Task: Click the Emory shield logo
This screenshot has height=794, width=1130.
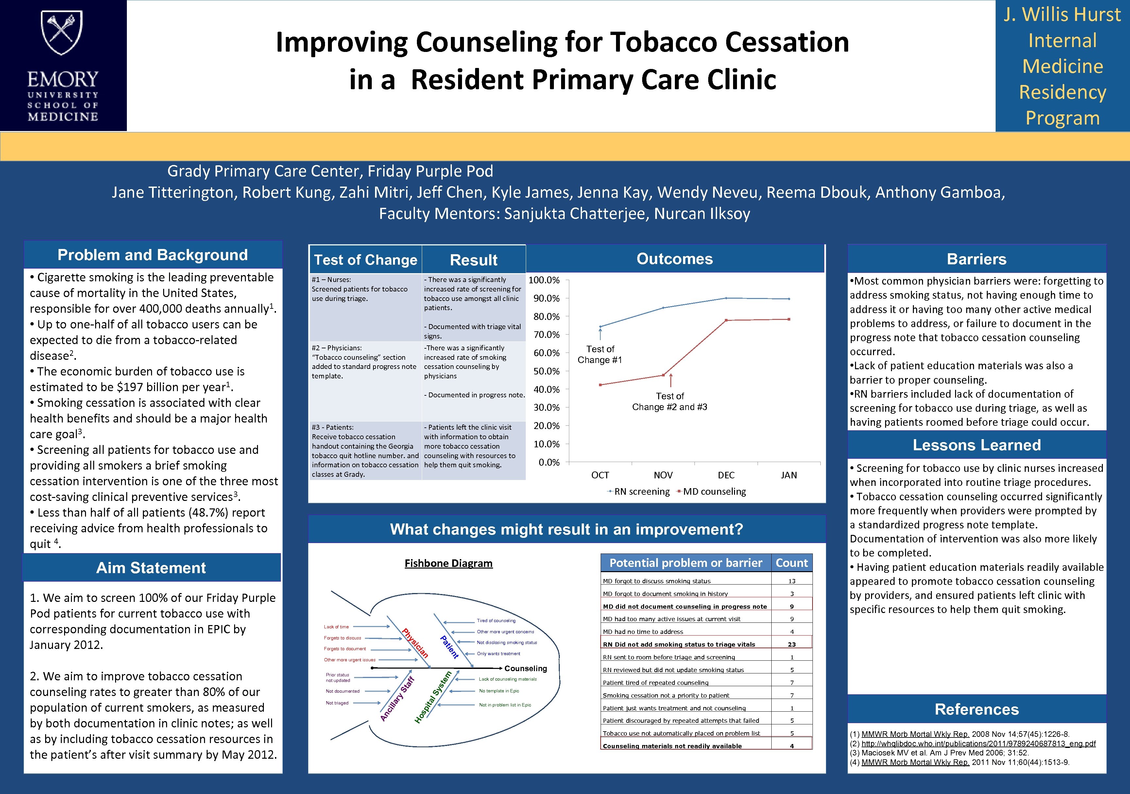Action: [62, 33]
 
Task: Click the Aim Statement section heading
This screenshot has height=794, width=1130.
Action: [151, 568]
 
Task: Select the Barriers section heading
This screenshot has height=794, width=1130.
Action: [976, 259]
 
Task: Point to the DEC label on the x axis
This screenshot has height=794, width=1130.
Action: [726, 475]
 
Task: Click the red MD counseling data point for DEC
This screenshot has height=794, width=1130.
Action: [726, 320]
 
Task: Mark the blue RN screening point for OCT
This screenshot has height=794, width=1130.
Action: [600, 326]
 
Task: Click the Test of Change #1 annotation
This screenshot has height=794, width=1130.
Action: [600, 354]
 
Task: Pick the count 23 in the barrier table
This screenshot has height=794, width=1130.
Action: [791, 644]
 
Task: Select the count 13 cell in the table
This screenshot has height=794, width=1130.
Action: [791, 581]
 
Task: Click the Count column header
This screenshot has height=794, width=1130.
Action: [791, 563]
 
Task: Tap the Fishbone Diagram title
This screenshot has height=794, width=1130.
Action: [448, 563]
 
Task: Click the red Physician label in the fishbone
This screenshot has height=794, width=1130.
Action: [415, 643]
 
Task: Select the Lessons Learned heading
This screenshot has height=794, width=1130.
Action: [976, 445]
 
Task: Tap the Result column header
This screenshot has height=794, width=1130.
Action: [473, 260]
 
